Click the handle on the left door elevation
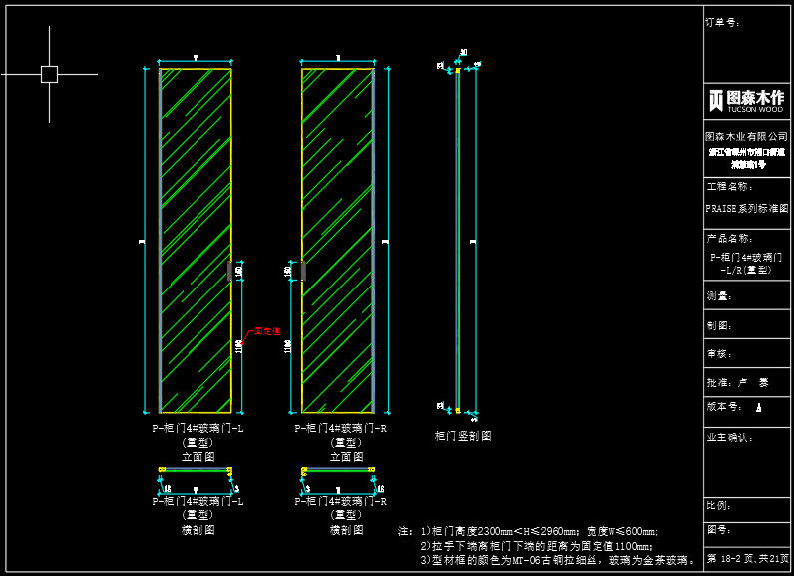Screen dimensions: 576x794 230,271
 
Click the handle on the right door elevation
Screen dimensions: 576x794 303,271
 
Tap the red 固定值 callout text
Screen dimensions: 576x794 267,330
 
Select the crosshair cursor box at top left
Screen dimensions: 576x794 49,74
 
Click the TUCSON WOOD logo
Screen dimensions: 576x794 746,100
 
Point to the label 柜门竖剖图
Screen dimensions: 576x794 463,436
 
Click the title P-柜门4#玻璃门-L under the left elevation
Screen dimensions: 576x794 198,428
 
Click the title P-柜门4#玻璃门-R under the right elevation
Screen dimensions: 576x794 340,428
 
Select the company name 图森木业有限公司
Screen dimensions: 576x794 746,136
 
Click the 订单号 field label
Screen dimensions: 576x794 722,21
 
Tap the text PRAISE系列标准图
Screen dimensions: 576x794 746,209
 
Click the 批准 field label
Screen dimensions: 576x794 720,382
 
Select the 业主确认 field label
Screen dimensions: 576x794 729,437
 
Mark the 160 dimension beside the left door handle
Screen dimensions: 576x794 239,271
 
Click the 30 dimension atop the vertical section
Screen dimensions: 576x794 464,53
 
